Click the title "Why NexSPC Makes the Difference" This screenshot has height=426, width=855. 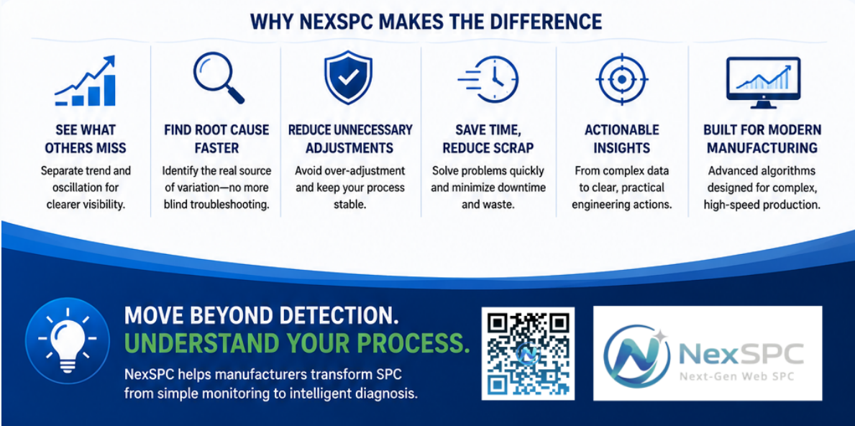426,22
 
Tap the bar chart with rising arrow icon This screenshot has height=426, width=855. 86,80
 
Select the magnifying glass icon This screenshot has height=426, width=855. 218,80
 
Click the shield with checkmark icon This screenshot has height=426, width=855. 348,79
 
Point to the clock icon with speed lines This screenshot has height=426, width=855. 488,80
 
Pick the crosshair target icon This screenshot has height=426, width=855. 621,80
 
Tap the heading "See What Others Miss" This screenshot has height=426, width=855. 86,139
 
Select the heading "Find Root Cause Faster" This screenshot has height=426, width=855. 216,139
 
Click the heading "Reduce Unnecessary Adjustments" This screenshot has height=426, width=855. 350,139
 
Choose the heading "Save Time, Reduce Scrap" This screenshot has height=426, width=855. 488,139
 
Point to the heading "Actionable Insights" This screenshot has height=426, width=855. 621,139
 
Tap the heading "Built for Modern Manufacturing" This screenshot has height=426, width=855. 762,139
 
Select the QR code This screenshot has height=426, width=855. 528,353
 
